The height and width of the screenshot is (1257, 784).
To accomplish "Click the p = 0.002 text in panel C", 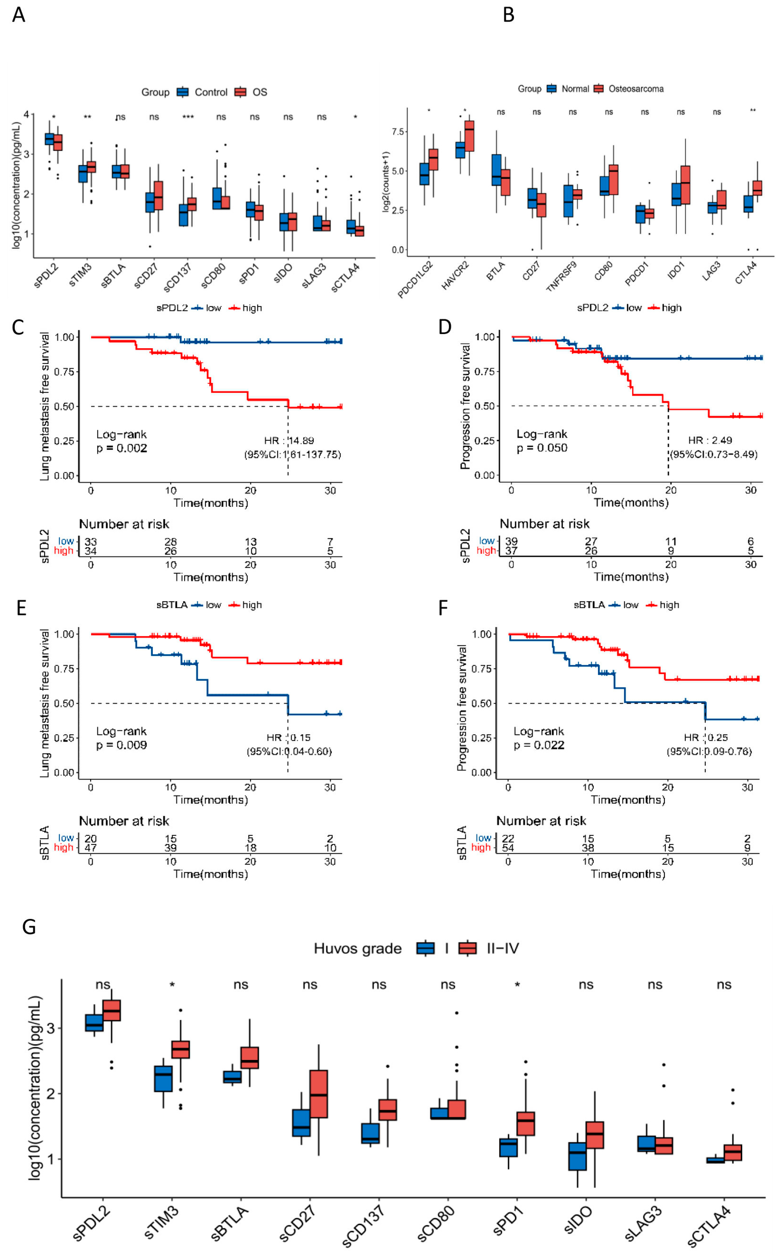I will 122,448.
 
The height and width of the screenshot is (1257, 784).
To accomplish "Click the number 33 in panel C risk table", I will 91,541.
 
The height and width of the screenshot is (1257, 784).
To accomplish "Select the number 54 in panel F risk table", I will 508,848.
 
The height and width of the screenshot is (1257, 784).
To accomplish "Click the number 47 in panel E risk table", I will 91,848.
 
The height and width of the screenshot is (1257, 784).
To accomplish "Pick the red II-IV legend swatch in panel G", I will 468,948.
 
